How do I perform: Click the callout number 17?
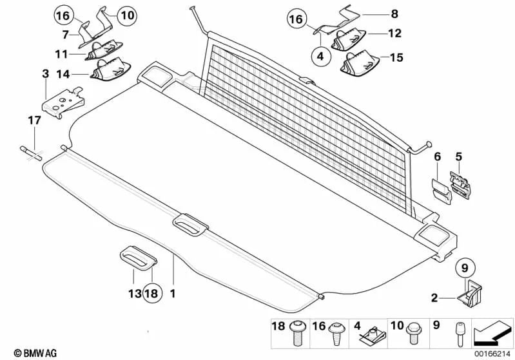[33, 120]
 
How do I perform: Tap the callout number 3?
[46, 75]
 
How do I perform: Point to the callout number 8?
[377, 12]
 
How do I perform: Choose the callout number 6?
[437, 156]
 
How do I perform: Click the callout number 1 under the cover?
[172, 293]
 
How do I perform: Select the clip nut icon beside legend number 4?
[370, 333]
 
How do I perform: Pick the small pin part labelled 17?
[32, 153]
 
